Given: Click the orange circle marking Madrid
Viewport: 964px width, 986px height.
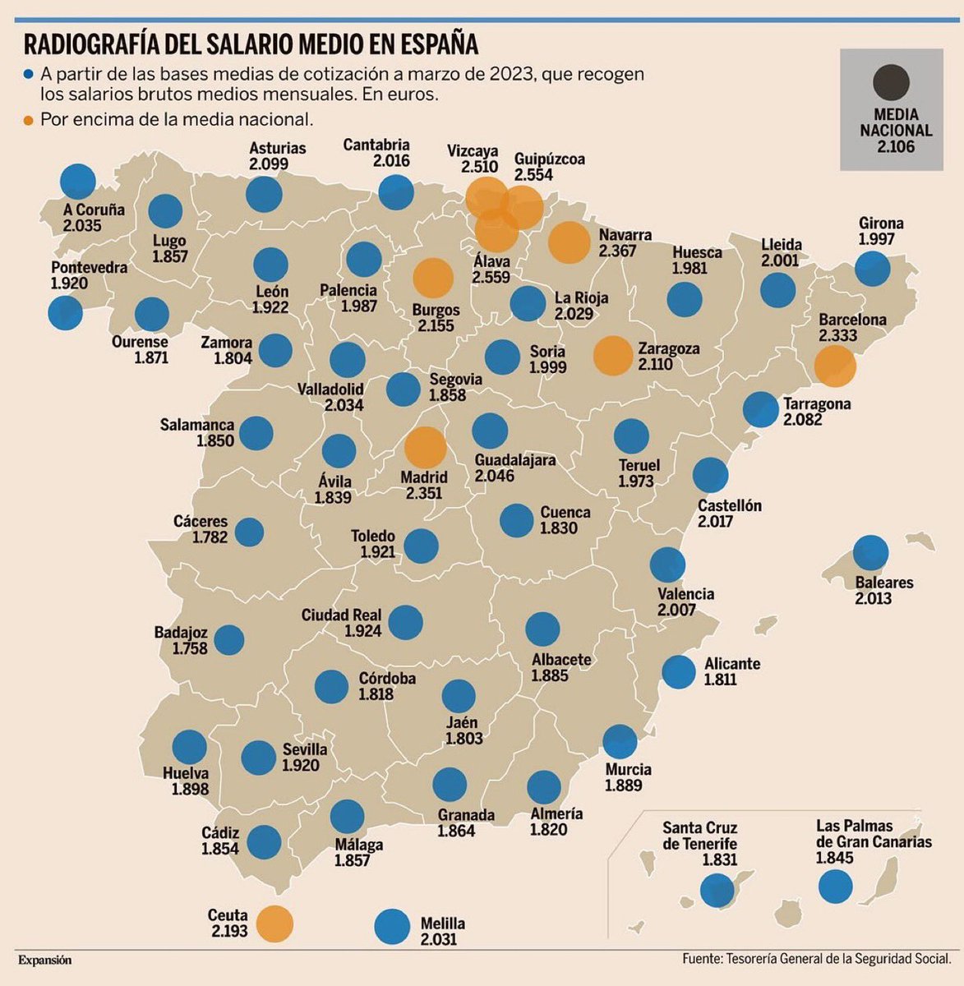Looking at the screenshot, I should coord(425,448).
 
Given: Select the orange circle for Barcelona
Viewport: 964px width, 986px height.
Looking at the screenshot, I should coord(835,366).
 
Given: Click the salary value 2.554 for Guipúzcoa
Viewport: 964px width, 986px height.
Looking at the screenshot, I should coord(533,175).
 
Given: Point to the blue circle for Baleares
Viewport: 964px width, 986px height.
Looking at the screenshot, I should coord(871,553).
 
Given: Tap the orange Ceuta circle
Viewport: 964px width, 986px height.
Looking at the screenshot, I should coord(274,923).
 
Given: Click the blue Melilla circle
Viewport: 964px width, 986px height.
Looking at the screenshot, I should coord(392,926).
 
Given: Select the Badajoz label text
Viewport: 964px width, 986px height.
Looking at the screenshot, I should coord(181,634).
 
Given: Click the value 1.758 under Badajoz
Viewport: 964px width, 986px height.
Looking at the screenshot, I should coord(190,649).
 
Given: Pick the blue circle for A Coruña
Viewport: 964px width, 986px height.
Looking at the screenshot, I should coord(78,181).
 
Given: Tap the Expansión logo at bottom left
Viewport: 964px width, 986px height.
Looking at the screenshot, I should coord(44,960).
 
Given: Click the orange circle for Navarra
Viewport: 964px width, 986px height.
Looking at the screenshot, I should coord(566,242).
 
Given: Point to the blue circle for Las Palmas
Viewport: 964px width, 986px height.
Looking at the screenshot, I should coord(836,886).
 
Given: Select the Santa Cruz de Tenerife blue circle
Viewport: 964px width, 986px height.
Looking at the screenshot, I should coord(717,889).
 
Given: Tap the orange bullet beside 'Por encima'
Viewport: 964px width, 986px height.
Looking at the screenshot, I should coord(30,120).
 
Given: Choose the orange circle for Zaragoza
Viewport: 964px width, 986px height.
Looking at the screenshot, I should coord(611,356).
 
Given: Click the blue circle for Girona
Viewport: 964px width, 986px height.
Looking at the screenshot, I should coord(872,269).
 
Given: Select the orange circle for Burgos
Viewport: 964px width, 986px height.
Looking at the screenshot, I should coord(432,278).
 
